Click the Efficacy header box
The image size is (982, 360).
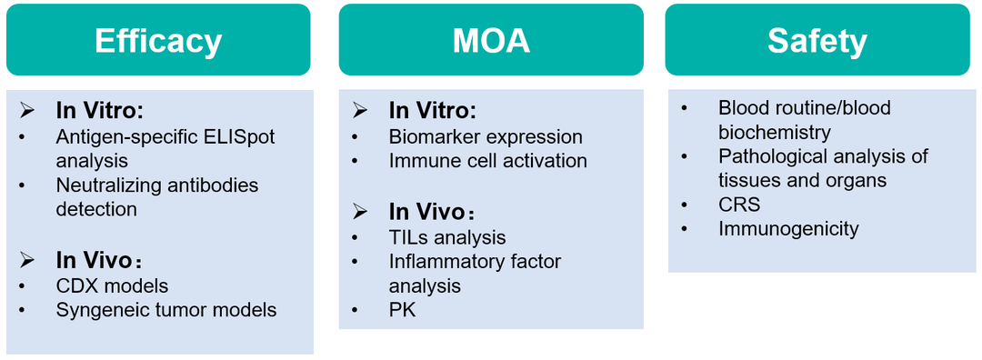pyautogui.click(x=158, y=40)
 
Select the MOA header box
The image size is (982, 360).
pyautogui.click(x=491, y=40)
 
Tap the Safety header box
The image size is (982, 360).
pyautogui.click(x=817, y=40)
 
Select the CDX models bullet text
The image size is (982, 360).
pyautogui.click(x=112, y=285)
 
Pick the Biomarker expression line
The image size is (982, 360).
pyautogui.click(x=486, y=136)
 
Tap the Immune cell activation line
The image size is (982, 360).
pyautogui.click(x=488, y=160)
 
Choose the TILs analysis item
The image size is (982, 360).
pyautogui.click(x=447, y=237)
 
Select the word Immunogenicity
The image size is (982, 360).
pyautogui.click(x=788, y=229)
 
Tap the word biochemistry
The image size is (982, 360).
pyautogui.click(x=775, y=133)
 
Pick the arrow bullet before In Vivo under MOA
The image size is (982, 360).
pyautogui.click(x=359, y=212)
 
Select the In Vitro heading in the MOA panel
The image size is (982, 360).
pyautogui.click(x=433, y=111)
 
